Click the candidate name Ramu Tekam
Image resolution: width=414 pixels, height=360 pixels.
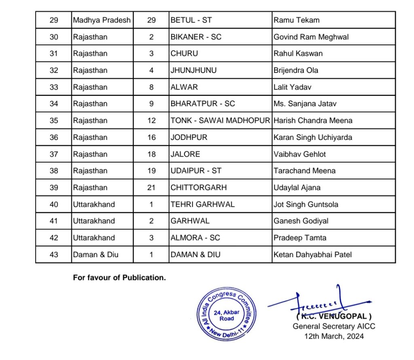coord(296,20)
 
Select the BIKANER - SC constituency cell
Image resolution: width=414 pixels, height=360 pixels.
coord(196,37)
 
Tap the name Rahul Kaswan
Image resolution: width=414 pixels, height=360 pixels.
coord(298,53)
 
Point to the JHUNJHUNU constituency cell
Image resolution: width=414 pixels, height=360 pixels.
coord(194,70)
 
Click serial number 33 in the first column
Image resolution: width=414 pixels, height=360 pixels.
coord(54,87)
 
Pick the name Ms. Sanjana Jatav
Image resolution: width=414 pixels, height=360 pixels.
coord(305,104)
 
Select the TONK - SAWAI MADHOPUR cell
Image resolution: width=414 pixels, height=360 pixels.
coord(220,121)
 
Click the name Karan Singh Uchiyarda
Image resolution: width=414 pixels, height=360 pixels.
coord(313,137)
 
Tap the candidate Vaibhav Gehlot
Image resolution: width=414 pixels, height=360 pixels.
coord(300,154)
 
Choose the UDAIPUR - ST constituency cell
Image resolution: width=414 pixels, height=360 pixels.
coord(196,171)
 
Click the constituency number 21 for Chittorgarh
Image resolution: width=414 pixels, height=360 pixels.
coord(152,188)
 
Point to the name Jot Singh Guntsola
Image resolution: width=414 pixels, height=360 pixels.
coord(306,204)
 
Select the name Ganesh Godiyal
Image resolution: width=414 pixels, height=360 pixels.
coord(301,221)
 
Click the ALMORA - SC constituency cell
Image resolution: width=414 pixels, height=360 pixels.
coord(195,238)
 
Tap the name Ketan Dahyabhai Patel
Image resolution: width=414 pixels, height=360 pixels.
coord(313,254)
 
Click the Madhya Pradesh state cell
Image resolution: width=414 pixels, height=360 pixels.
coord(102,20)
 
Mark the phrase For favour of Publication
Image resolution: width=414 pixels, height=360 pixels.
coord(119,278)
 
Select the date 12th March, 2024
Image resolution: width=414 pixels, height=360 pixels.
coord(334,336)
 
